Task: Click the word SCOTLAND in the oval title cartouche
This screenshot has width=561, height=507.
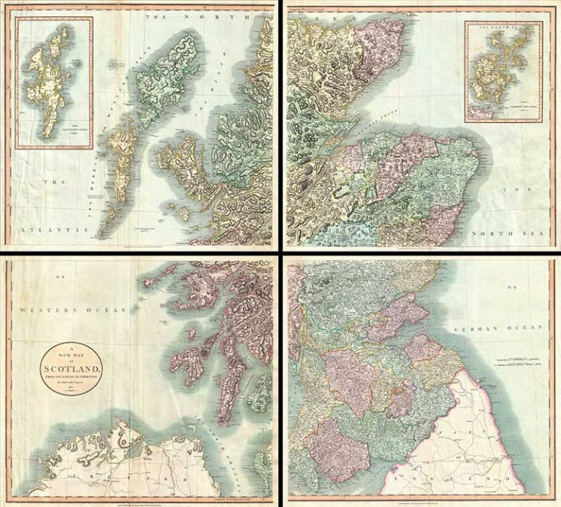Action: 72,368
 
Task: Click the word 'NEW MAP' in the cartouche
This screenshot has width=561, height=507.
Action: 72,355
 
